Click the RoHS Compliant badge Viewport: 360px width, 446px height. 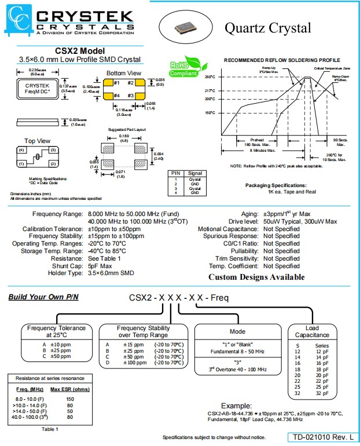[x=184, y=67]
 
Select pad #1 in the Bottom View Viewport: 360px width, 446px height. [x=108, y=82]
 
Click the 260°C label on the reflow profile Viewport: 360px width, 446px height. [x=210, y=77]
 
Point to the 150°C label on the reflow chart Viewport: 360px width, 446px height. [x=210, y=112]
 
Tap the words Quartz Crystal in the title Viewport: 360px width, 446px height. [x=267, y=27]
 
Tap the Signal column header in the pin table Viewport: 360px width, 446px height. [x=194, y=173]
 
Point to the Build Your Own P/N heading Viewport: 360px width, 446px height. [x=43, y=297]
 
